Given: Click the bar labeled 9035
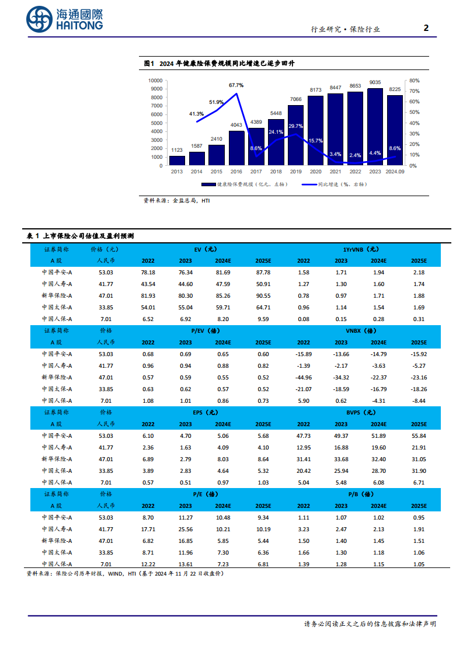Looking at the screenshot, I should (x=375, y=126).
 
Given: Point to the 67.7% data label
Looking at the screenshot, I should (x=236, y=85).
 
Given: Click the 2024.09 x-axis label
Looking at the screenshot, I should (x=395, y=172).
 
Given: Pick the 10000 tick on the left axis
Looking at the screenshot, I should (x=155, y=81).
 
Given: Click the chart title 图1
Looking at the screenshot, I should (x=148, y=64).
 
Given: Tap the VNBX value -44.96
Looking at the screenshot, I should (x=304, y=377).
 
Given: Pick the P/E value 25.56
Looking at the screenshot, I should (x=185, y=529).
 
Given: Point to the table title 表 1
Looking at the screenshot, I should (x=33, y=235).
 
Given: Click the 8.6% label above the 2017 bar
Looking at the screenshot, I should (x=256, y=149).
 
